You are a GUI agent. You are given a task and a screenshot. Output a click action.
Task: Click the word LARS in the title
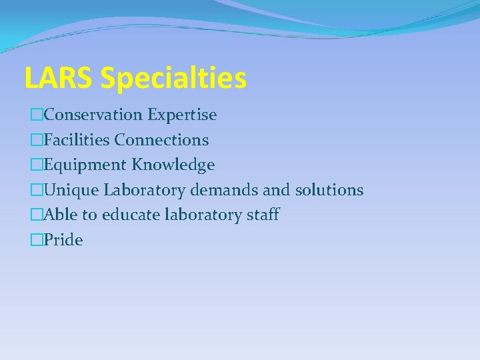pyautogui.click(x=59, y=78)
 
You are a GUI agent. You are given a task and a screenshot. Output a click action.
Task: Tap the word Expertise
pyautogui.click(x=182, y=115)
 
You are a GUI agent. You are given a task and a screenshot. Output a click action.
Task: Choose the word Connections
pyautogui.click(x=161, y=140)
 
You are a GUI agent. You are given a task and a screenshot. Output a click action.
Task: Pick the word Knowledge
pyautogui.click(x=173, y=165)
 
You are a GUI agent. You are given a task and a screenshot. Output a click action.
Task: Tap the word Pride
pyautogui.click(x=63, y=240)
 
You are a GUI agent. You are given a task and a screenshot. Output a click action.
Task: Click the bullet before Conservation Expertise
pyautogui.click(x=37, y=115)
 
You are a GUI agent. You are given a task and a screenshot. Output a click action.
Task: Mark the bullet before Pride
pyautogui.click(x=37, y=240)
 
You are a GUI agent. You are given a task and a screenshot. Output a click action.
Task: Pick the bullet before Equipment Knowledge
pyautogui.click(x=37, y=165)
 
